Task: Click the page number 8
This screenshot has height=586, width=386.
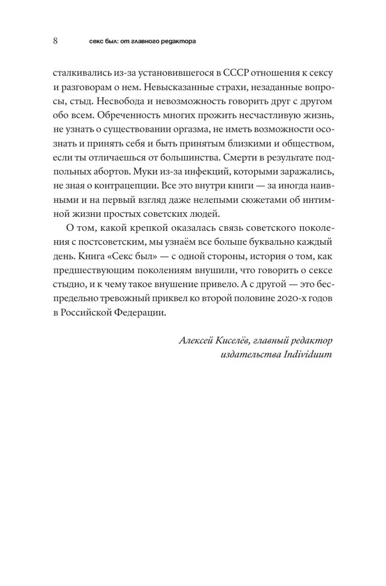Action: [55, 41]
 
